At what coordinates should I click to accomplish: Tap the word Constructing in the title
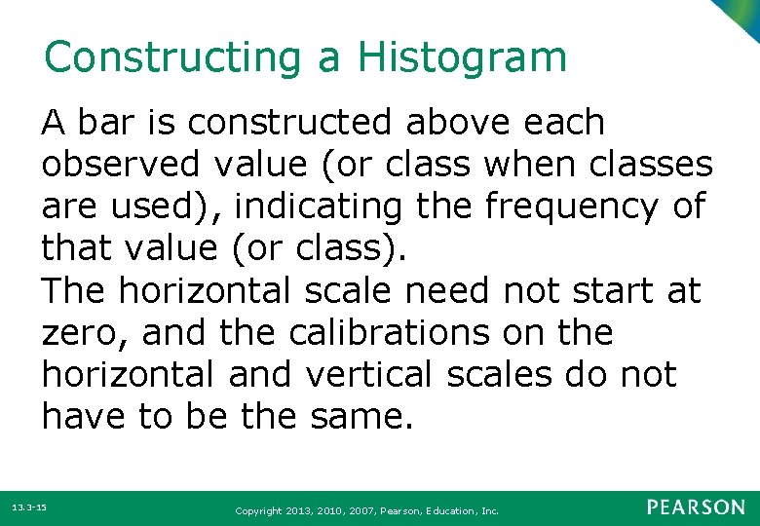172,57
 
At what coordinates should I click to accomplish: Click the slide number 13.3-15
30,508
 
